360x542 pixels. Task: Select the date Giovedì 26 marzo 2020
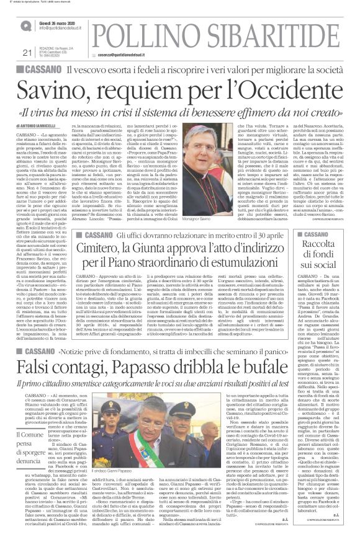click(x=62, y=21)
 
